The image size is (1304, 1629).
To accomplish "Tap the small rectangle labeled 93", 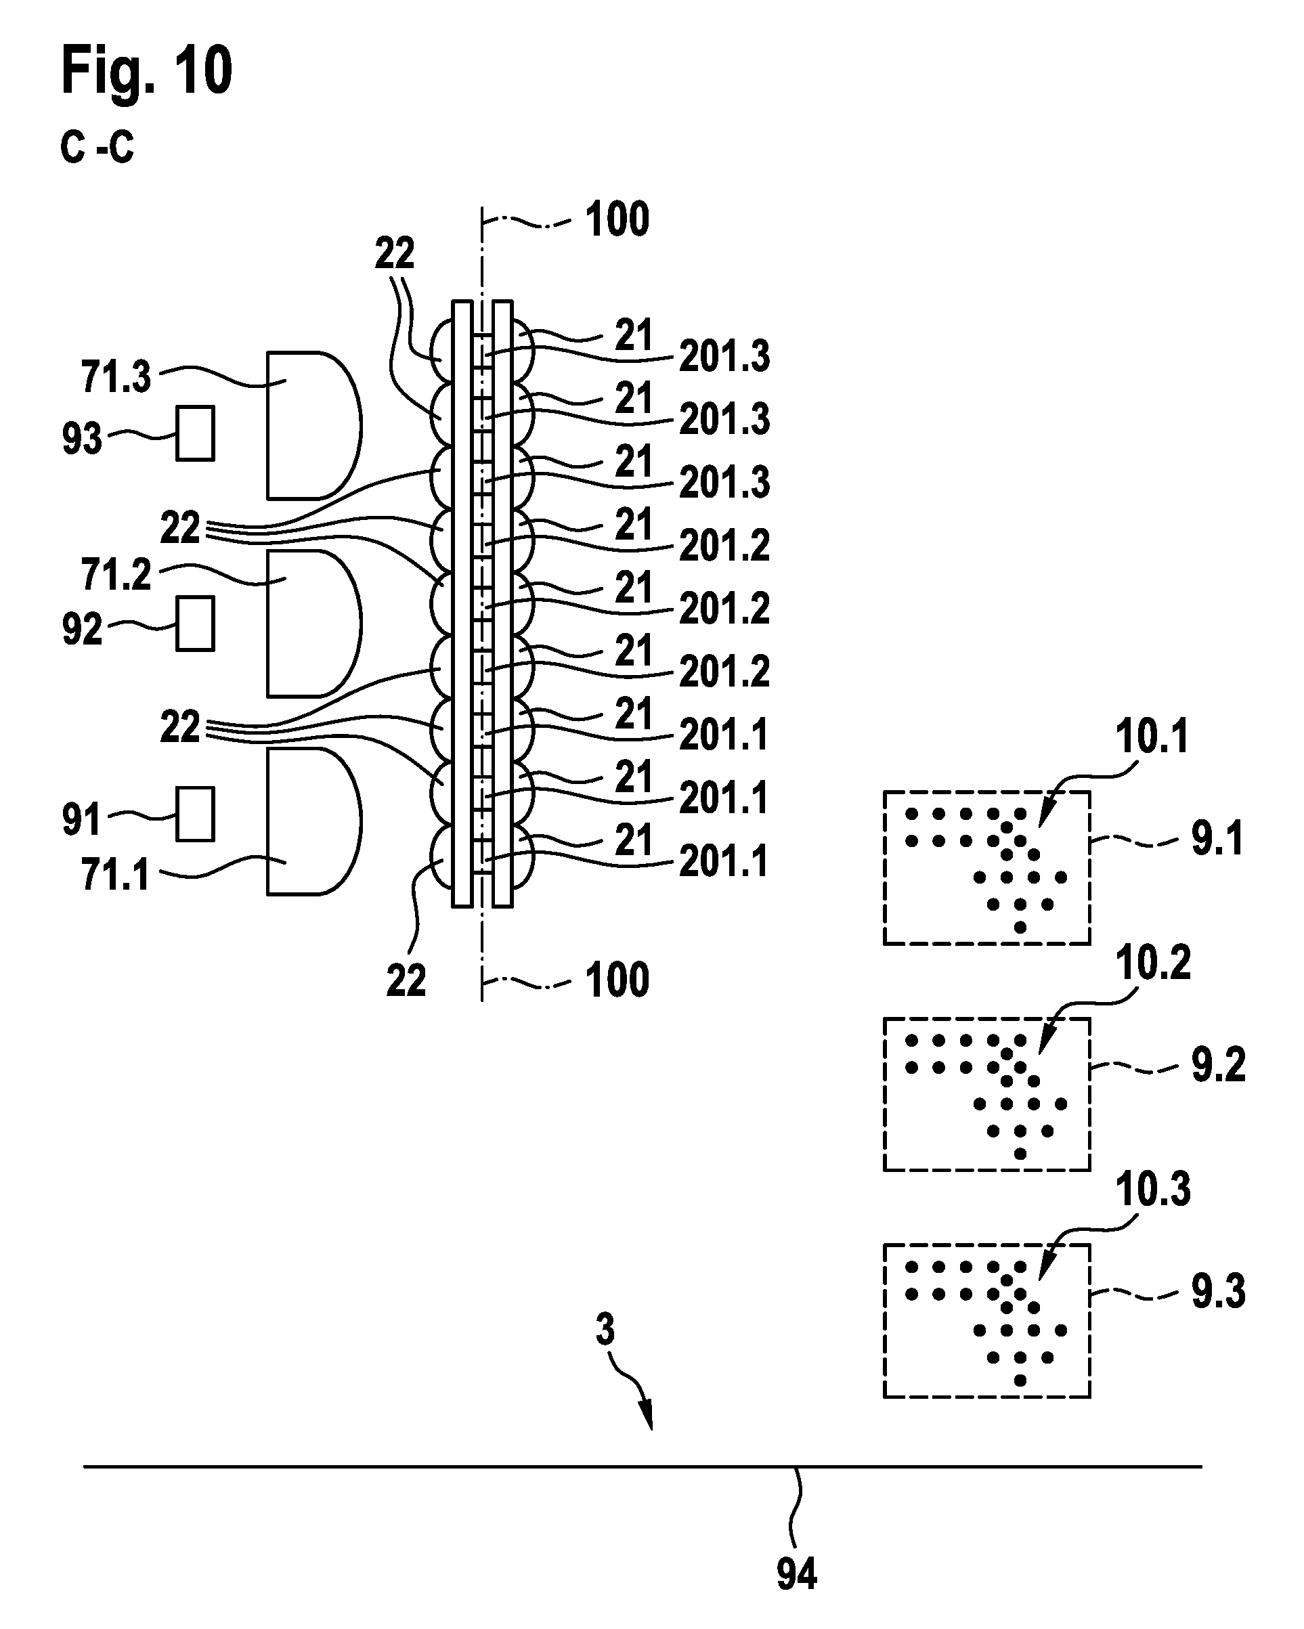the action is point(195,433).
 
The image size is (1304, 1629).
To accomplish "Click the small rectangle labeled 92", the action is point(195,624).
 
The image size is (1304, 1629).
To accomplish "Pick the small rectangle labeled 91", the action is point(195,814).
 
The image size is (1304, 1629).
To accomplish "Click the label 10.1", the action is point(1152,737).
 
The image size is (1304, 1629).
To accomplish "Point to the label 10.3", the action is point(1153,1190).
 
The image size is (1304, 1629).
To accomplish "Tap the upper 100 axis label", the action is point(617,220).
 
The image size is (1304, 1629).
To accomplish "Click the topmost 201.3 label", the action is point(724,356).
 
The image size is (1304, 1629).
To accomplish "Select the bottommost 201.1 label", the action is point(724,861).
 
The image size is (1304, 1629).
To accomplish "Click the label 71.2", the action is point(116,575).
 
